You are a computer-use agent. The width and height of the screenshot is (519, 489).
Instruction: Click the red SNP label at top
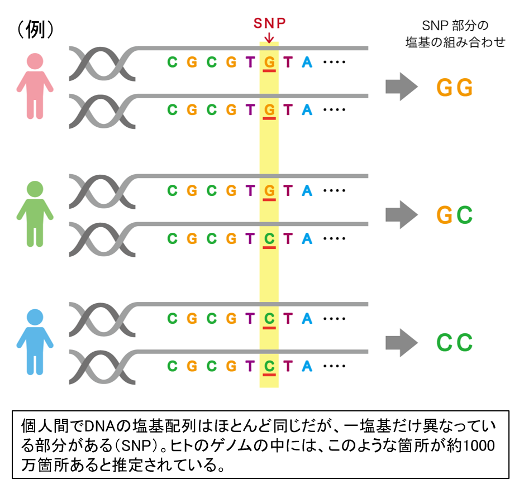[269, 23]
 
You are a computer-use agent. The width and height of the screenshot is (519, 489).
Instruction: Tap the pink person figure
[35, 86]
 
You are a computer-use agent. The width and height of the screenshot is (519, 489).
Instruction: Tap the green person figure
[35, 214]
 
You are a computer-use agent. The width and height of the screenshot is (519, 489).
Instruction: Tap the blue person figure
[35, 342]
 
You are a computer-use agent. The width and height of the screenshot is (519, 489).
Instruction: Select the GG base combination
[455, 88]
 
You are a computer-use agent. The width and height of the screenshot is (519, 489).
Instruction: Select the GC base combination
[455, 215]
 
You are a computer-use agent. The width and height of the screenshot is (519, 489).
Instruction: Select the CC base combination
[455, 343]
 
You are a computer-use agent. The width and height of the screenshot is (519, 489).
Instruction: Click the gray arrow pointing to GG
[401, 87]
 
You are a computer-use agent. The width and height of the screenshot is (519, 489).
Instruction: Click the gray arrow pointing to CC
[401, 342]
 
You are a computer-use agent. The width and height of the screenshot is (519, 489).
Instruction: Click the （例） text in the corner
[35, 30]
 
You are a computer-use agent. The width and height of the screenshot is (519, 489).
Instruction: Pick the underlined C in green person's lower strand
[269, 239]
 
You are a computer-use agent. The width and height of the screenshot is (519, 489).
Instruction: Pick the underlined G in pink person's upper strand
[269, 63]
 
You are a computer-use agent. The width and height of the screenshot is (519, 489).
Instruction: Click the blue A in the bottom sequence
[307, 367]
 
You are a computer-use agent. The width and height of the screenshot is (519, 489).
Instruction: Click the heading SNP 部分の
[455, 26]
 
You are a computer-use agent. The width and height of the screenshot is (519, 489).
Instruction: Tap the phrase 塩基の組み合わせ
[455, 42]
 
